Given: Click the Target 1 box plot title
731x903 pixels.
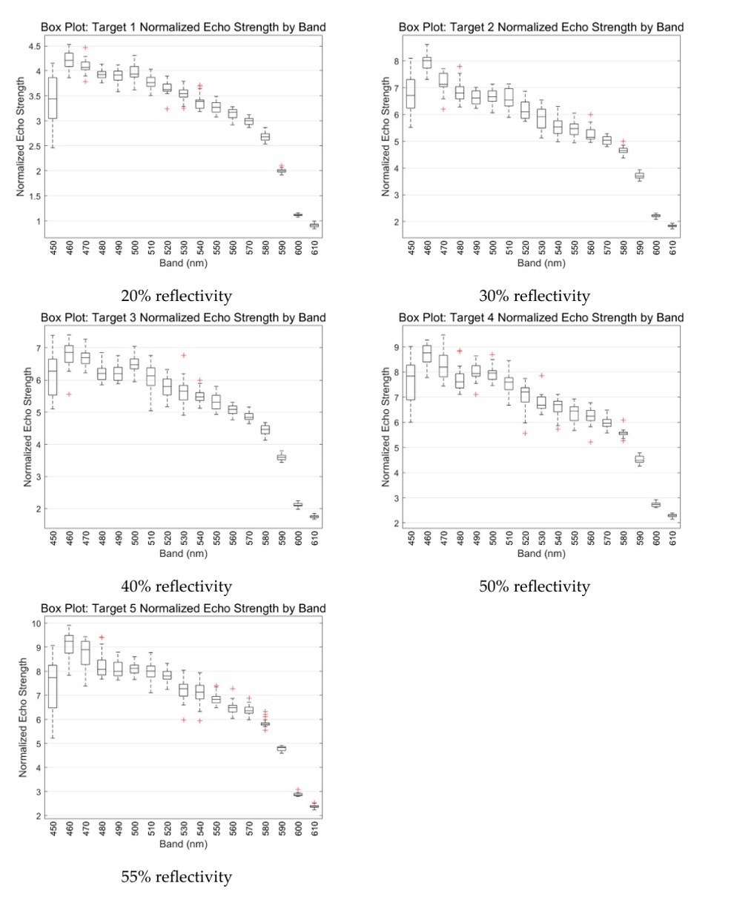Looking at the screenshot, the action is (182, 27).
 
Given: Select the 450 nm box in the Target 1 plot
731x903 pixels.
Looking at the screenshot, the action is (53, 98).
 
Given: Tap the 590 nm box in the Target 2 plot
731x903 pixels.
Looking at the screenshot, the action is (639, 176).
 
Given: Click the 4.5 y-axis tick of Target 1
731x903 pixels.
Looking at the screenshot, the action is (35, 46).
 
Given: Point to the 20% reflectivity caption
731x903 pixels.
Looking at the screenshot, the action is (176, 296).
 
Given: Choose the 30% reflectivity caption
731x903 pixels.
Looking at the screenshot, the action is (535, 296).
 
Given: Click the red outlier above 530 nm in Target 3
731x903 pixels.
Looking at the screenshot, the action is (184, 355).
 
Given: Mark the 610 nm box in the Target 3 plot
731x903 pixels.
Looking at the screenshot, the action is (314, 516).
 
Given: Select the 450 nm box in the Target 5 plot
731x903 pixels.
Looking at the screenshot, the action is (53, 687).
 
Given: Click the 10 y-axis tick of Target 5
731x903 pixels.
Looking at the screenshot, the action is (36, 623).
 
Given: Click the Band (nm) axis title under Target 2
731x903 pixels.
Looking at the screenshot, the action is (541, 263).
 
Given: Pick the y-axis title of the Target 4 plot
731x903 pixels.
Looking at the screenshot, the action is (385, 427).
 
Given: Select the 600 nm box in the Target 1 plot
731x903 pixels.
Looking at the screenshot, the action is (297, 215).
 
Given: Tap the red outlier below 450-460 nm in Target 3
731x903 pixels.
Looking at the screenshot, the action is (69, 394).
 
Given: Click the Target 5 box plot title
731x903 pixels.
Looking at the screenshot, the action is (182, 608).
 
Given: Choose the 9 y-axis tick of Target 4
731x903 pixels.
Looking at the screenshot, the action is (396, 347).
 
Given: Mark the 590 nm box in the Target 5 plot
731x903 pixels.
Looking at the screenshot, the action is (281, 748).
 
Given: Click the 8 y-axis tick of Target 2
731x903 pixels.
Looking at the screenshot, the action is (396, 62).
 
